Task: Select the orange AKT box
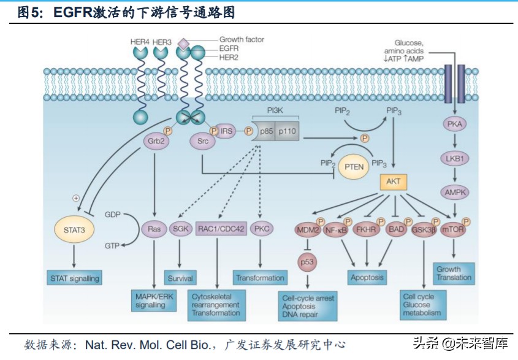(x=393, y=182)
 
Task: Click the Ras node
(x=153, y=229)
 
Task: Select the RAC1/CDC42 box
(x=221, y=229)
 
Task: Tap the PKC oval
(x=262, y=229)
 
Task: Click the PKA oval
(x=454, y=124)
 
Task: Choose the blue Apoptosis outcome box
(x=367, y=277)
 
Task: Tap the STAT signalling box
(x=74, y=278)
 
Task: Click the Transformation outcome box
(x=261, y=278)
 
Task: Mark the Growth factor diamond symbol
(x=183, y=43)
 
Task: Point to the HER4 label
(x=140, y=42)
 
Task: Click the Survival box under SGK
(x=180, y=278)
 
